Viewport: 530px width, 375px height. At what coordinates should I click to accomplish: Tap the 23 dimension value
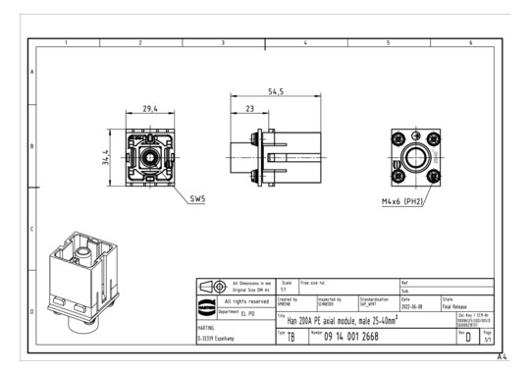252,110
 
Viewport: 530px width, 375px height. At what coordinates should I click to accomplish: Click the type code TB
290,338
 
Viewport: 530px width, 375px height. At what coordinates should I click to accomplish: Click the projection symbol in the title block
210,285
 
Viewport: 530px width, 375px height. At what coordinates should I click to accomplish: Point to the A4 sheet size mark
502,357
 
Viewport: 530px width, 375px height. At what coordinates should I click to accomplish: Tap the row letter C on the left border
32,229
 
